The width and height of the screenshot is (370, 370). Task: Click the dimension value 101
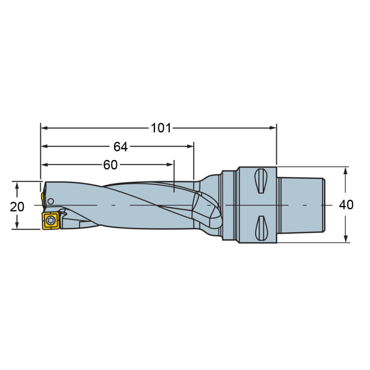click(x=161, y=128)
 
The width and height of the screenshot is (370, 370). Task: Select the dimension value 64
click(x=120, y=146)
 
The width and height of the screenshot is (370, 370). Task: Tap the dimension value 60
click(x=110, y=165)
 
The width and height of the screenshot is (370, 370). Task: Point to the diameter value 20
click(x=17, y=207)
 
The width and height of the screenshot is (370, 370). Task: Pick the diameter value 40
click(x=346, y=205)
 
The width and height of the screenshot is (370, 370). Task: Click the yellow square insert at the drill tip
click(x=51, y=220)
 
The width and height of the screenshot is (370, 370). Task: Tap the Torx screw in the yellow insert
click(x=51, y=220)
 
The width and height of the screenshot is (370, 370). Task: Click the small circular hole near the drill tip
click(x=51, y=201)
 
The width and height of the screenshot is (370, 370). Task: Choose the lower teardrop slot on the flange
click(x=261, y=228)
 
